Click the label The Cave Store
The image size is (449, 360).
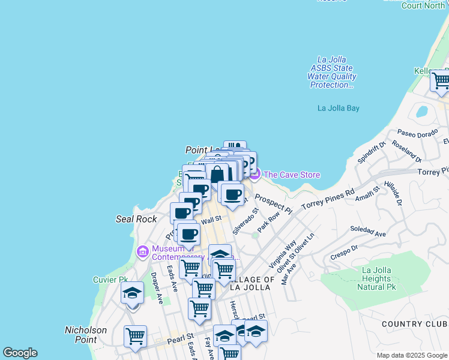point(292,175)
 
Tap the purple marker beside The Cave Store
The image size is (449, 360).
point(255,175)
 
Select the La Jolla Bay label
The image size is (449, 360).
point(338,108)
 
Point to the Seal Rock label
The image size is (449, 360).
point(136,219)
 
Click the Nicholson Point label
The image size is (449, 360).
point(85,335)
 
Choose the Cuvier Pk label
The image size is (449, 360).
point(111,280)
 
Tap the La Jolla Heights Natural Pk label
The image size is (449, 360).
point(377,278)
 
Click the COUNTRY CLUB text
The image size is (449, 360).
point(415,324)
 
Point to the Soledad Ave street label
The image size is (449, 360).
point(368,231)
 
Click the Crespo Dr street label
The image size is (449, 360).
point(344,252)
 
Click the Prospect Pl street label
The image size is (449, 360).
point(273,204)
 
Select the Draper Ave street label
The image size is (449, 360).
point(157,289)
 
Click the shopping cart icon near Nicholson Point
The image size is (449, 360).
point(135,335)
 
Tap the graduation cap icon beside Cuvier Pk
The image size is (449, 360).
point(132,293)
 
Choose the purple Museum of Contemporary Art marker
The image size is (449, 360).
point(143,251)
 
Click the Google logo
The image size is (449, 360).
point(20,353)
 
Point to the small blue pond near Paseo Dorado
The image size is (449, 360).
point(421,112)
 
